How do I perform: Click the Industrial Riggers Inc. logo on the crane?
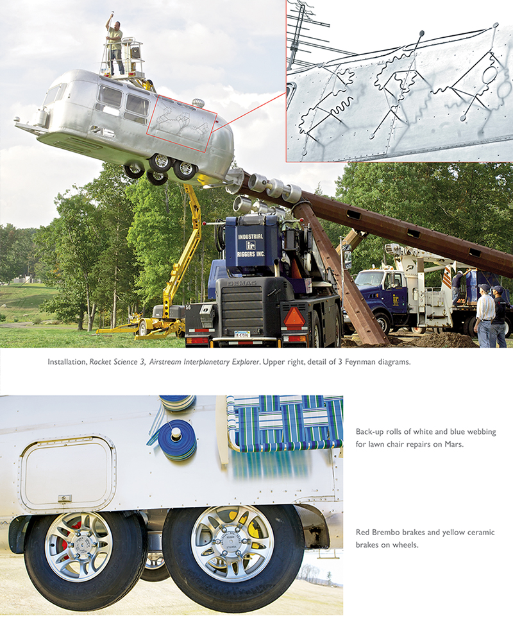coord(250,244)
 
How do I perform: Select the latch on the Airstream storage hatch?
coord(64,498)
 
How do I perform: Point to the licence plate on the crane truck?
coord(242,334)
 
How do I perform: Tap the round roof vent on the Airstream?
coord(198,103)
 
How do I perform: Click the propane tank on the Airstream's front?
coord(42,117)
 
